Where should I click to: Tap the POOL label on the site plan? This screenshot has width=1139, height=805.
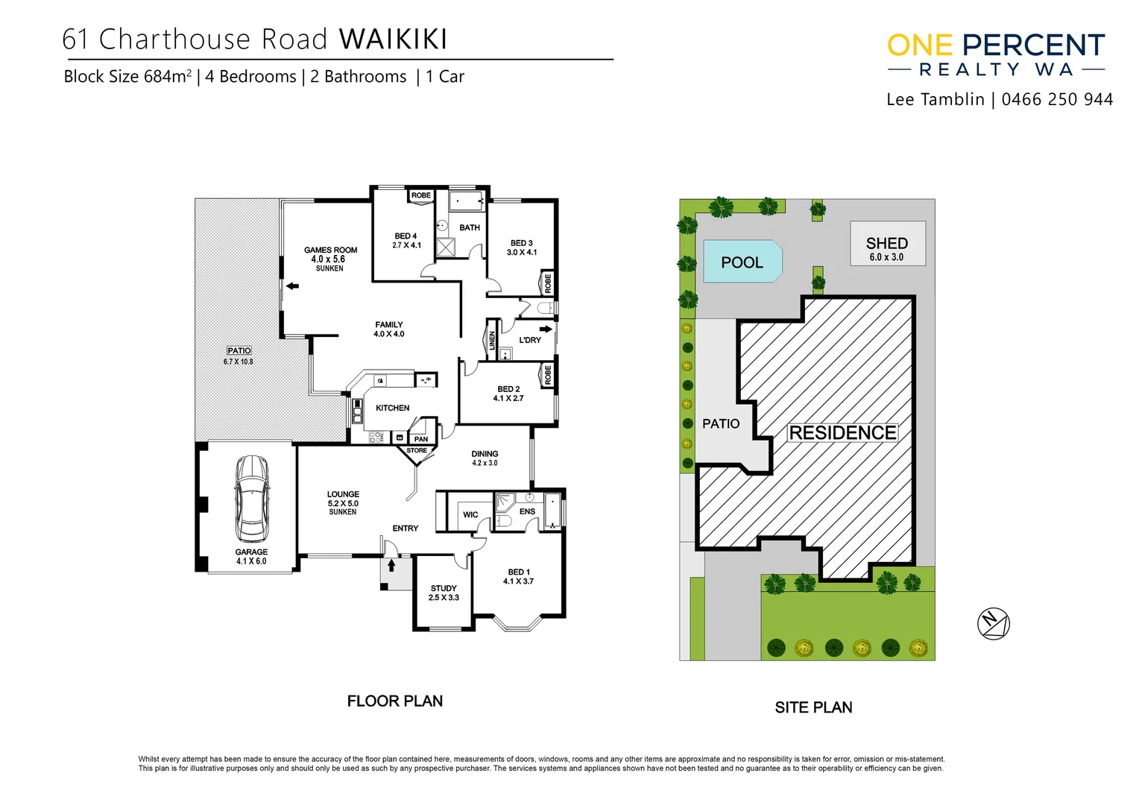742,262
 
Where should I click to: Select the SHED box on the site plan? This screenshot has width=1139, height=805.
888,244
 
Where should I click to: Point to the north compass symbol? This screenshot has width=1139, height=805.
993,623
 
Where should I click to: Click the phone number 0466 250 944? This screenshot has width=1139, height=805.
1057,100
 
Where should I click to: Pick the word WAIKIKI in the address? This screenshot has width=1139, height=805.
393,40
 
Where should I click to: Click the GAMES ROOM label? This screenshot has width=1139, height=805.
330,250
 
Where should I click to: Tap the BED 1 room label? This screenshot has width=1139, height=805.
519,572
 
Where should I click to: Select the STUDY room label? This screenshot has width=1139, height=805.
444,588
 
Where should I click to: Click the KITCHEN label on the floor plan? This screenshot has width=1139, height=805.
392,408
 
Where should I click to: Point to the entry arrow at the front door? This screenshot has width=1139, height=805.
391,566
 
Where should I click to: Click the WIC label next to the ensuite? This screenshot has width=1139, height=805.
470,514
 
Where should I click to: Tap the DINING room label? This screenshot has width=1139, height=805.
485,454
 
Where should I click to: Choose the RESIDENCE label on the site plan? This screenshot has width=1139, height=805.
842,432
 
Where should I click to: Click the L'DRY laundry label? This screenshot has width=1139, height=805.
530,340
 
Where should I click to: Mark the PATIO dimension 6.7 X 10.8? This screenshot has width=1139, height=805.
238,362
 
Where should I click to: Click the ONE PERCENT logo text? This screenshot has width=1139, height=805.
995,45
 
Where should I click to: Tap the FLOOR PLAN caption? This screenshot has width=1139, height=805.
394,701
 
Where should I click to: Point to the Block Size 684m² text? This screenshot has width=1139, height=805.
127,77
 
